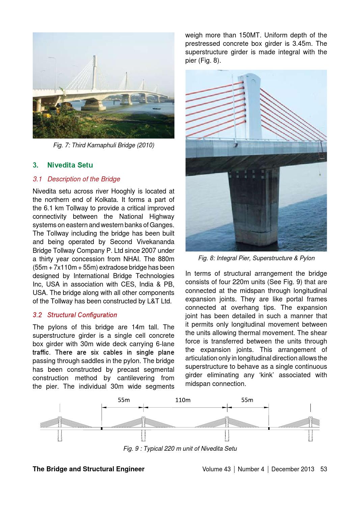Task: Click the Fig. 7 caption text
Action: pyautogui.click(x=104, y=145)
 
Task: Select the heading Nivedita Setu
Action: pyautogui.click(x=70, y=165)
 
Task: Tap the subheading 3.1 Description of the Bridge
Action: pyautogui.click(x=76, y=179)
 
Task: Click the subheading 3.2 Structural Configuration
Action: pyautogui.click(x=75, y=315)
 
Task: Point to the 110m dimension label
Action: pyautogui.click(x=183, y=400)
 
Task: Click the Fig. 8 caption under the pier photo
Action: pyautogui.click(x=256, y=258)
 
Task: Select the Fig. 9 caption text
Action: pyautogui.click(x=180, y=449)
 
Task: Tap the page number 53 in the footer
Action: pyautogui.click(x=324, y=469)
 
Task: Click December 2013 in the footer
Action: pyautogui.click(x=293, y=469)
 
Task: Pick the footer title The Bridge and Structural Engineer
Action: pyautogui.click(x=88, y=469)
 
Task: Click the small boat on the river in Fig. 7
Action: pyautogui.click(x=156, y=109)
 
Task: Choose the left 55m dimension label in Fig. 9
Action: pyautogui.click(x=124, y=400)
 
